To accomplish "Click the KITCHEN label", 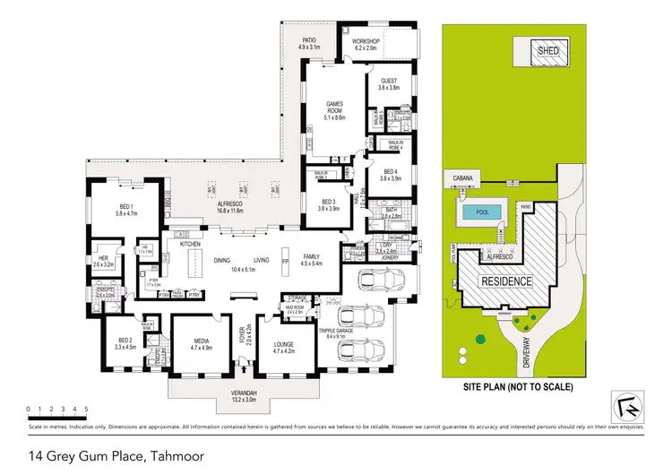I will coord(189,244).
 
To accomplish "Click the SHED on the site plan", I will coord(548,51).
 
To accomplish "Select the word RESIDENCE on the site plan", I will coord(509,281).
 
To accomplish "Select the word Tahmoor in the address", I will coord(176,456).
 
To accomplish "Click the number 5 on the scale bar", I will coord(86,409).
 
